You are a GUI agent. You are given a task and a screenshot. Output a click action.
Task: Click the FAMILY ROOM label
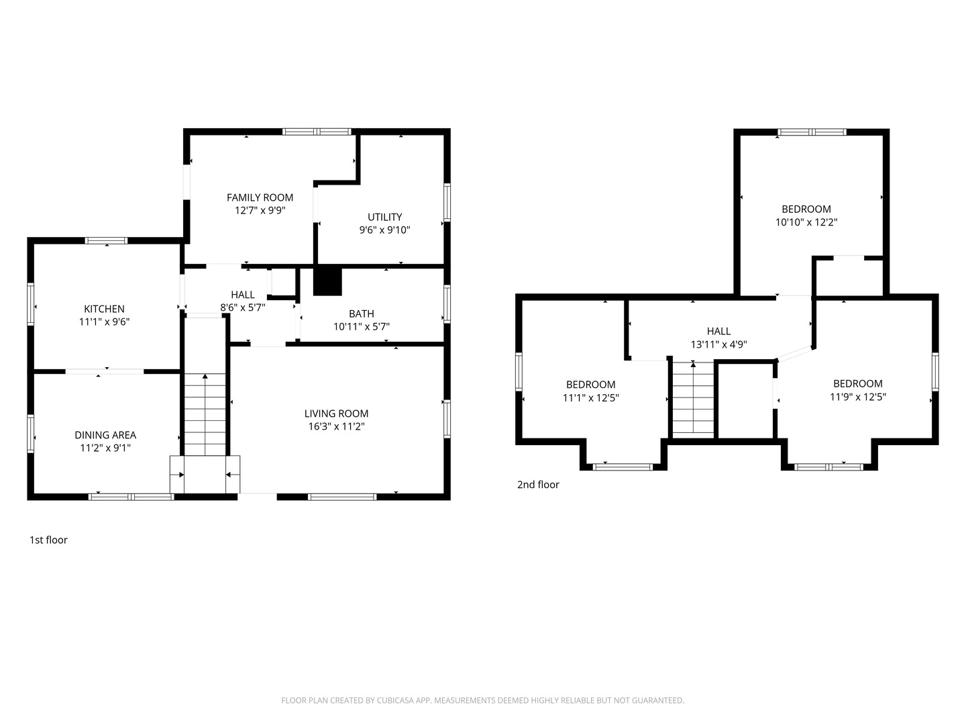pyautogui.click(x=260, y=197)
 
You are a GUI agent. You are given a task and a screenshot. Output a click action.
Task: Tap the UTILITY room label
pyautogui.click(x=384, y=217)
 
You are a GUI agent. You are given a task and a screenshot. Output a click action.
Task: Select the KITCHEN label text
pyautogui.click(x=104, y=309)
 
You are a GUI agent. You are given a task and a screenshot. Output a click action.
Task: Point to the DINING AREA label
pyautogui.click(x=105, y=435)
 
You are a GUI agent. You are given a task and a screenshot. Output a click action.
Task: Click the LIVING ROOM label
pyautogui.click(x=336, y=414)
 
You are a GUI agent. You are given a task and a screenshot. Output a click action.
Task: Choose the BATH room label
pyautogui.click(x=362, y=314)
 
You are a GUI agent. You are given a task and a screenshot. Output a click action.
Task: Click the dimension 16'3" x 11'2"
pyautogui.click(x=336, y=426)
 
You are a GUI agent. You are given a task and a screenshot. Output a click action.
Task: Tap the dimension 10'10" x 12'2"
pyautogui.click(x=806, y=222)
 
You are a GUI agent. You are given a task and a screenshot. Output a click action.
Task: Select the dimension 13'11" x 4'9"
pyautogui.click(x=718, y=344)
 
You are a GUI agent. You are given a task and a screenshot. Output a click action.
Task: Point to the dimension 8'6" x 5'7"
pyautogui.click(x=242, y=307)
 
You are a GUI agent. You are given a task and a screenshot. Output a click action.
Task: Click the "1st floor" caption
pyautogui.click(x=48, y=540)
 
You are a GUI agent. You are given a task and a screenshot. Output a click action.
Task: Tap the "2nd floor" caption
pyautogui.click(x=538, y=484)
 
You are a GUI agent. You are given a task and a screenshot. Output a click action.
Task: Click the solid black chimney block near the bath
pyautogui.click(x=327, y=281)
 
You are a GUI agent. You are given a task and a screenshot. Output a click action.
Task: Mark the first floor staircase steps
pyautogui.click(x=205, y=414)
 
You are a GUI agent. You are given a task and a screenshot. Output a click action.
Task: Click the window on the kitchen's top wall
pyautogui.click(x=106, y=240)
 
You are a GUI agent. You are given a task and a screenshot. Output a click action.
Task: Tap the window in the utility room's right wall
pyautogui.click(x=447, y=202)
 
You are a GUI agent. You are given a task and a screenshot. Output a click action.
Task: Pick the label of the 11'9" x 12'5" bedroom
pyautogui.click(x=858, y=383)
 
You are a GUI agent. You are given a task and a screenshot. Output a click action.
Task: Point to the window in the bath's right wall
pyautogui.click(x=447, y=303)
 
